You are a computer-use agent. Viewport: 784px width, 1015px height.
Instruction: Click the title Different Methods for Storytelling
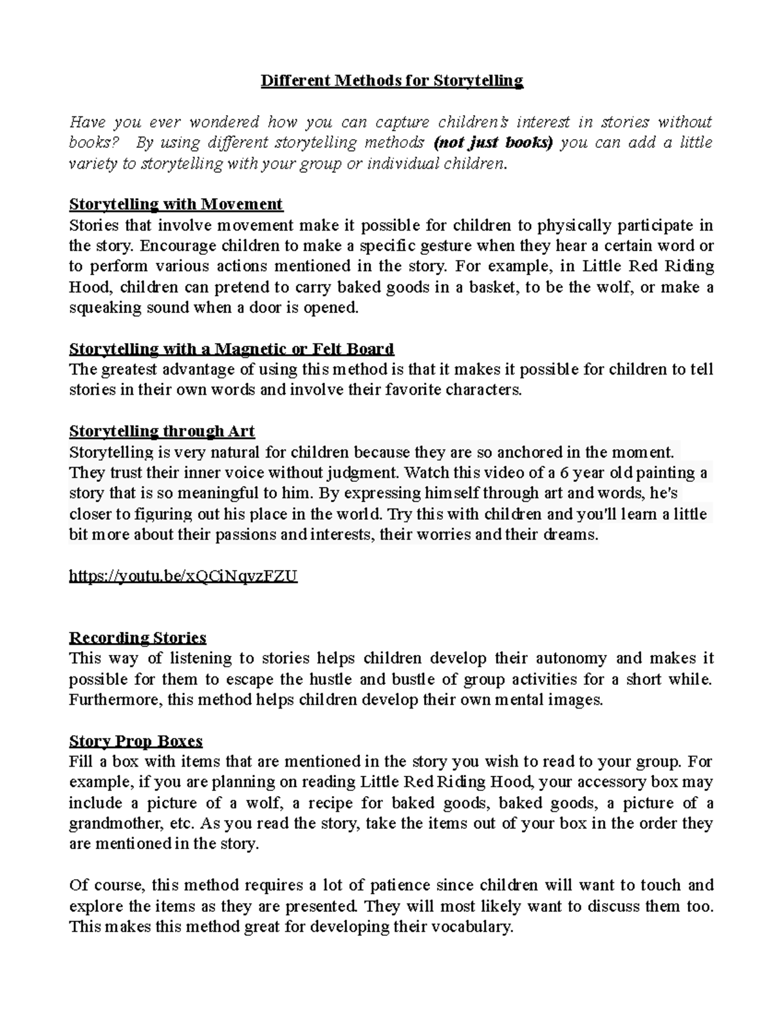click(392, 80)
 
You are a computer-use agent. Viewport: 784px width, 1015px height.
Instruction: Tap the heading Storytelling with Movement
click(176, 205)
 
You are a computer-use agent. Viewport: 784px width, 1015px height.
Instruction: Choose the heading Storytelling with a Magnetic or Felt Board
click(231, 349)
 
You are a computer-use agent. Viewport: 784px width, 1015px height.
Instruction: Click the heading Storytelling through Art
click(161, 431)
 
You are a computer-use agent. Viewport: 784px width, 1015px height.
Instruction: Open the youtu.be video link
click(183, 576)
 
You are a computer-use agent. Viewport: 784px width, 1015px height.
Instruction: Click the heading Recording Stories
click(137, 637)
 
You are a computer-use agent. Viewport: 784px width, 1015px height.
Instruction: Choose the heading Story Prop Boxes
click(135, 741)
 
